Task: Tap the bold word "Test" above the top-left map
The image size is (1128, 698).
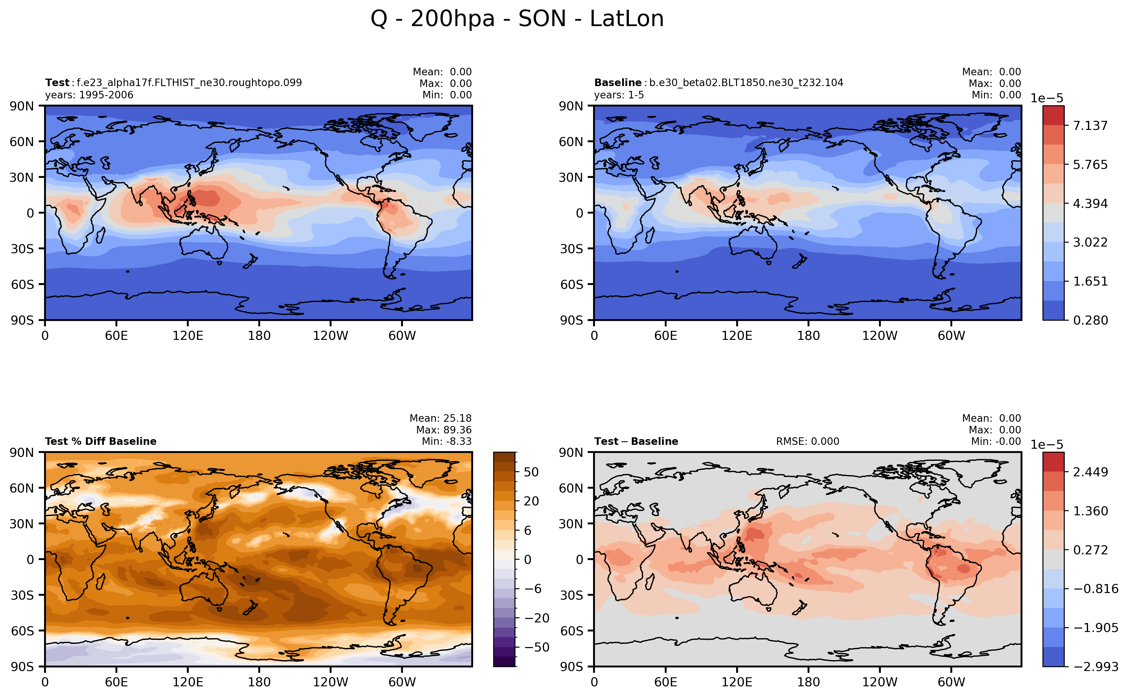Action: click(57, 82)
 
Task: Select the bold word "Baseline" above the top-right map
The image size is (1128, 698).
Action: click(617, 82)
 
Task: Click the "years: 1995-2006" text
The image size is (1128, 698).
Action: click(89, 95)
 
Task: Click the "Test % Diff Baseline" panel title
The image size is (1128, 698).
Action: click(101, 441)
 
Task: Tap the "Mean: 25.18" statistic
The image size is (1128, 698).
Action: click(440, 418)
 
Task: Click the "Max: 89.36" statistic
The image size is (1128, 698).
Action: click(443, 430)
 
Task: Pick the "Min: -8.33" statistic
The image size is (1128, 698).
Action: click(446, 441)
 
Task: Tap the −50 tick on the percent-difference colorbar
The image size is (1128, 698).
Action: click(536, 647)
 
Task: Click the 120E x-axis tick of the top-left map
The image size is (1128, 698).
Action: click(187, 336)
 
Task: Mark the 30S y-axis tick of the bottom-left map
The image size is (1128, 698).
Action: click(22, 595)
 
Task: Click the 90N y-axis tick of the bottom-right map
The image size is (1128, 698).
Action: click(571, 452)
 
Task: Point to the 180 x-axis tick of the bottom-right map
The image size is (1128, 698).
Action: click(808, 682)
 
